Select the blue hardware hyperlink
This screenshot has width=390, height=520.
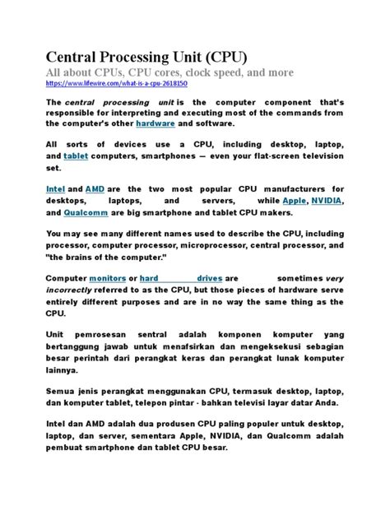(178, 123)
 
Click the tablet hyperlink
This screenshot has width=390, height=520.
(76, 154)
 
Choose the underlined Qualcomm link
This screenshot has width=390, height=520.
(88, 211)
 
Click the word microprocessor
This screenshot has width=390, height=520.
(210, 245)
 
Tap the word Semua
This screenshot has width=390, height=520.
(63, 392)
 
